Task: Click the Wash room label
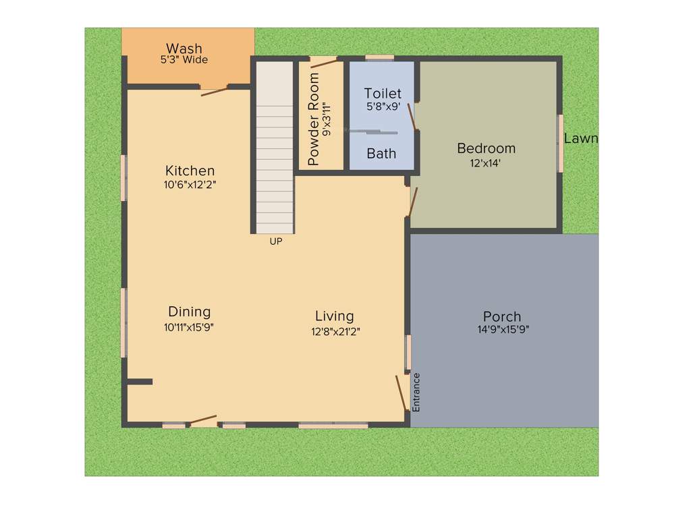[184, 49]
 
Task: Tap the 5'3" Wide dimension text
[184, 60]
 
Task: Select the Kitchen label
[190, 171]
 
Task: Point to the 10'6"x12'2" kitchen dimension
[190, 184]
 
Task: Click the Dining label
[189, 312]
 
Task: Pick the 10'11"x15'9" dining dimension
[189, 327]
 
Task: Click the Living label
[334, 316]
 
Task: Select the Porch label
[502, 316]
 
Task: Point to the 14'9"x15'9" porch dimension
[502, 330]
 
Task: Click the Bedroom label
[486, 148]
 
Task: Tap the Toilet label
[383, 93]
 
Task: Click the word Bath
[381, 154]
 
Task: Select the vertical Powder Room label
[314, 119]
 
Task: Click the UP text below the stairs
[275, 241]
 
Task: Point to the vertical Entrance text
[416, 392]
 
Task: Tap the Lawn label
[580, 139]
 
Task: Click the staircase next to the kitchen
[275, 148]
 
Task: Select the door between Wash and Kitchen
[214, 90]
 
